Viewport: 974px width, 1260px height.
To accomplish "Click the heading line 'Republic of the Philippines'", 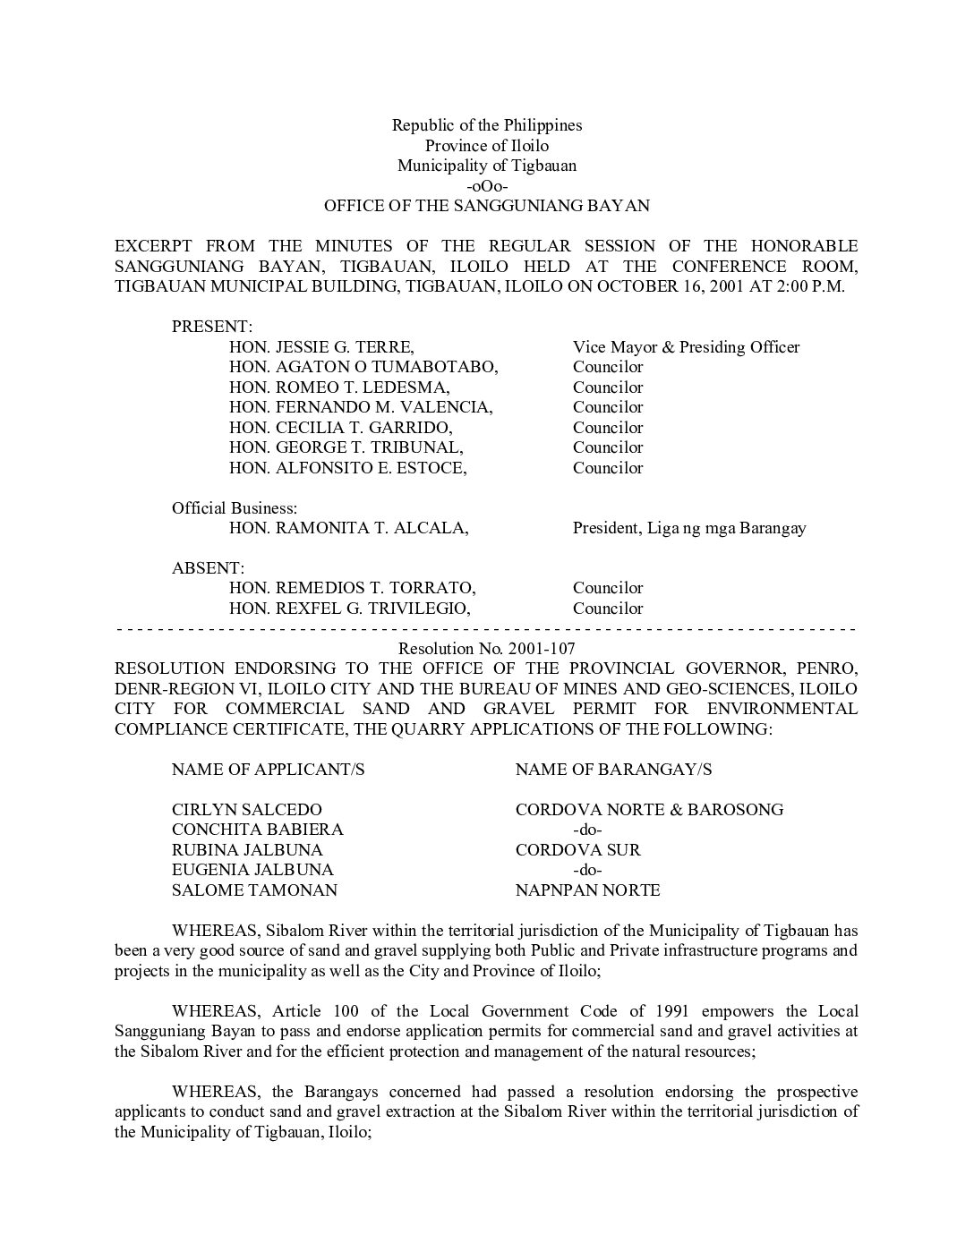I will point(487,125).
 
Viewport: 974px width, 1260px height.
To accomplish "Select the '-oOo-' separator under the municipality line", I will point(487,186).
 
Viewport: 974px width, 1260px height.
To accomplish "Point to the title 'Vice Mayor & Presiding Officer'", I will point(686,347).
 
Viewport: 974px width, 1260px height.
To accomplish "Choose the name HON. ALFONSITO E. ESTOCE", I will point(347,468).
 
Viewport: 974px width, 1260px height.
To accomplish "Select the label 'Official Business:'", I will point(235,508).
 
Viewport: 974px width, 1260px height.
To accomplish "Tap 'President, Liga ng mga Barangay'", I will point(689,528).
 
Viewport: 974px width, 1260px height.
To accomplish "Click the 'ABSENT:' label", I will point(208,568).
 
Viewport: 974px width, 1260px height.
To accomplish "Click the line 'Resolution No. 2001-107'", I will point(487,648).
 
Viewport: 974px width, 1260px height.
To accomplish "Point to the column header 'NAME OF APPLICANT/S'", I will point(269,770).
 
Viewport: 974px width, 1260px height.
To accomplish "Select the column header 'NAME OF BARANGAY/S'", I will point(614,770).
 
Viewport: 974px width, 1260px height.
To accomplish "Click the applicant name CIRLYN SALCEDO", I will point(247,810).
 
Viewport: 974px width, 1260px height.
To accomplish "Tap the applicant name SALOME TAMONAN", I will point(255,890).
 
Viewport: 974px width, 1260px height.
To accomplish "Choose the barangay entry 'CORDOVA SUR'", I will point(578,850).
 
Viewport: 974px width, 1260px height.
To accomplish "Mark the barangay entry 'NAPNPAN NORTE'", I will point(588,890).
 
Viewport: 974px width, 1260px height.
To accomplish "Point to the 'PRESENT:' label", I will point(212,327).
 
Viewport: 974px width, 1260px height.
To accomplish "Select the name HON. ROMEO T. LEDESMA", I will point(339,387).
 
